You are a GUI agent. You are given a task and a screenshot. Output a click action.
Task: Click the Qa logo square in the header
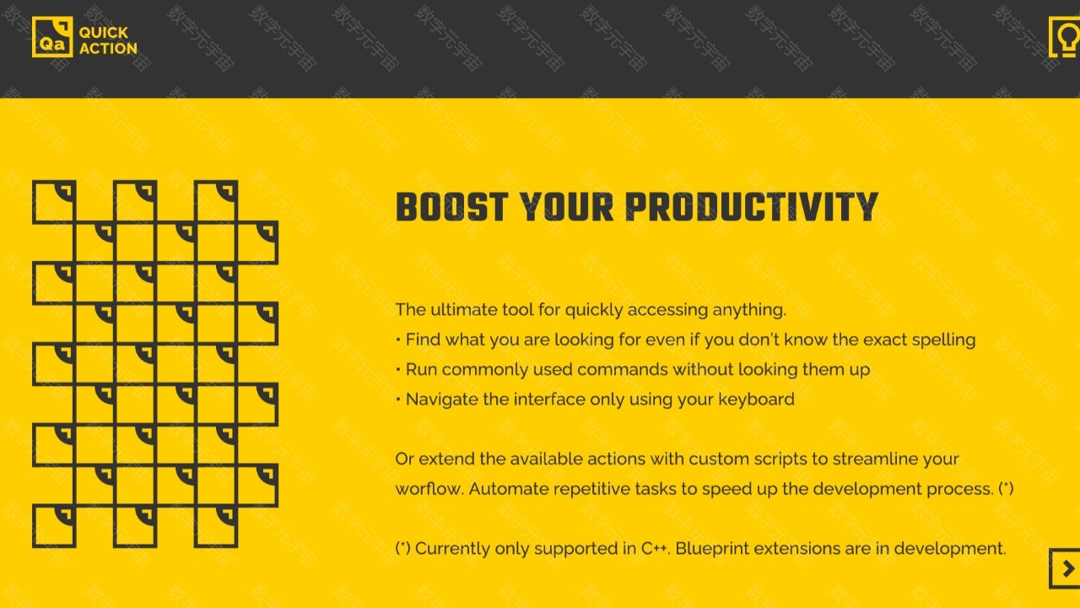tap(52, 36)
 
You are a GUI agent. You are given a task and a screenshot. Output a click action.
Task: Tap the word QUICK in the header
tap(104, 32)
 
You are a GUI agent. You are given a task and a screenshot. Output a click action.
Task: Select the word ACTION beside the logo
tap(109, 48)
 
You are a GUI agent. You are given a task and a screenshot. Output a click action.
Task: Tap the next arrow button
tap(1066, 568)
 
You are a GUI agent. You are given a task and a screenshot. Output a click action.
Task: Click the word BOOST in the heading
tap(451, 207)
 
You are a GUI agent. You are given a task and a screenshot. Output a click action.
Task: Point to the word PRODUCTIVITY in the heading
tap(752, 207)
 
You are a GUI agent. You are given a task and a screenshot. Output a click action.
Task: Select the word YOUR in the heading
tap(566, 207)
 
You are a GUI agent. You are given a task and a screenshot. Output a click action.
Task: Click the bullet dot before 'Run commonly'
tap(398, 370)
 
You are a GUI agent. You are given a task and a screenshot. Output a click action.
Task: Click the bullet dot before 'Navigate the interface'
tap(398, 400)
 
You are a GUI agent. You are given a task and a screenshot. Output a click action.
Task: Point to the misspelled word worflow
tap(429, 489)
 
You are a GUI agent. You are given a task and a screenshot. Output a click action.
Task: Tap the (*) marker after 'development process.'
tap(1006, 489)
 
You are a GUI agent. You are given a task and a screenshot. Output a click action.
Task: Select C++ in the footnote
tap(656, 549)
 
